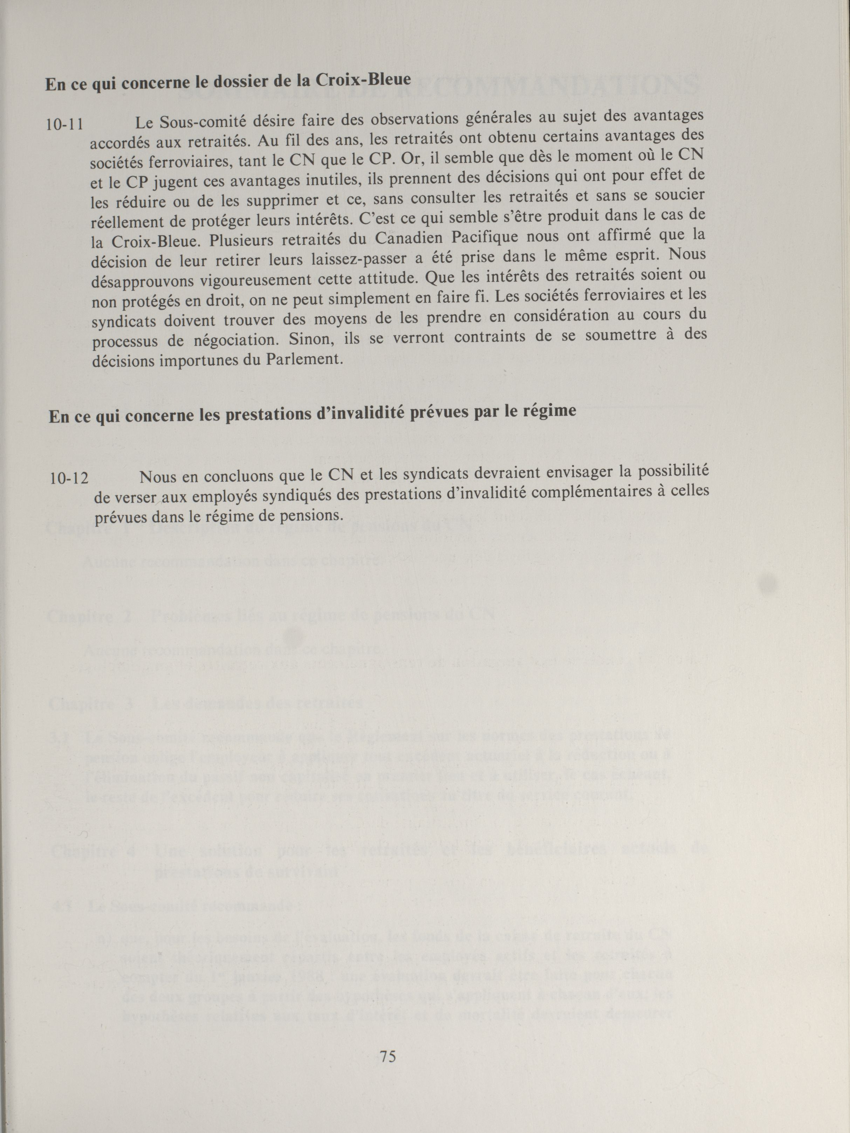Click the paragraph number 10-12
69,479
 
